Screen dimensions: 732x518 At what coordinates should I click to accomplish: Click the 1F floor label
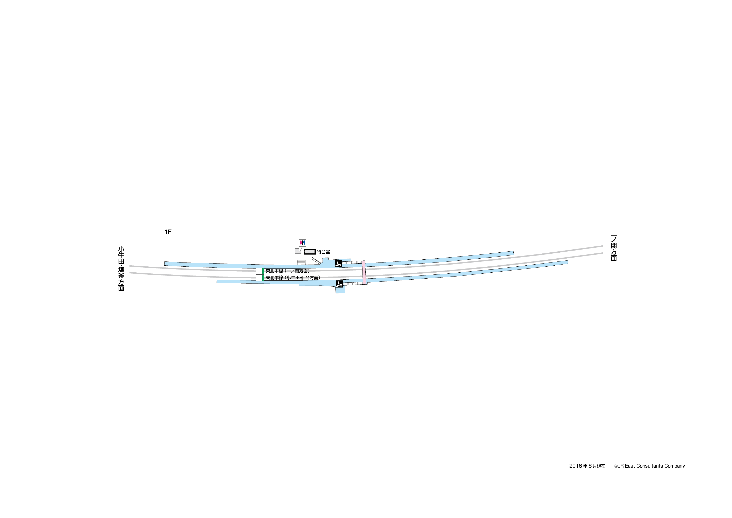coord(168,232)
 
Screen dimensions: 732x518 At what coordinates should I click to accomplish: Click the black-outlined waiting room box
coord(310,252)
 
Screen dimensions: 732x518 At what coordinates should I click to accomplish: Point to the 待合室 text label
coord(323,252)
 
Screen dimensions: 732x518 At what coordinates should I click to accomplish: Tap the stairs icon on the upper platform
coord(338,264)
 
